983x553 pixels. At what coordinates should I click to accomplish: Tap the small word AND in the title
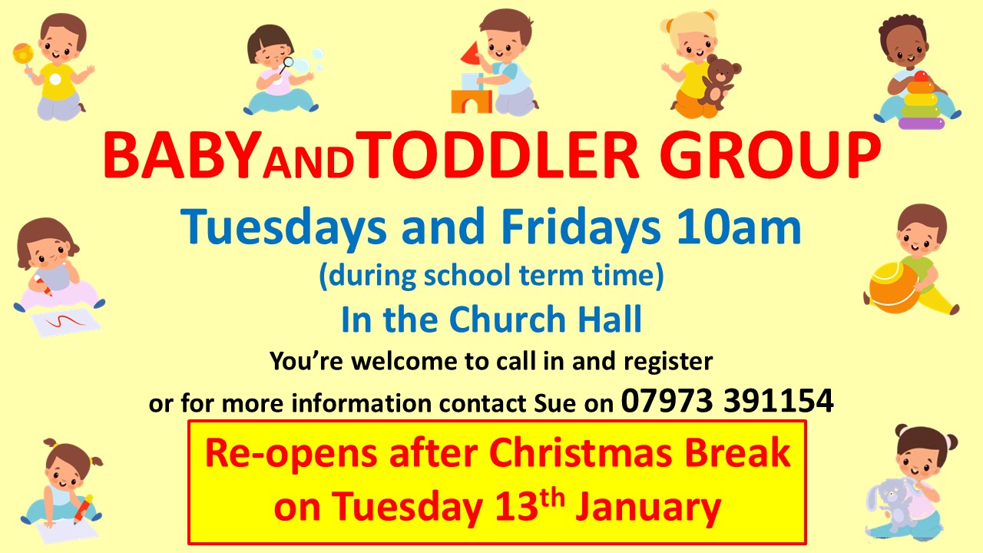[309, 162]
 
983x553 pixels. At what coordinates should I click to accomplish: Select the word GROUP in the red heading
[770, 155]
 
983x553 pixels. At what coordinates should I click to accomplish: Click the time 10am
[739, 227]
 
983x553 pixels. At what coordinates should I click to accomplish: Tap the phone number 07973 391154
[727, 401]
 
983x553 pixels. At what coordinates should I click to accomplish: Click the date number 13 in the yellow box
[516, 508]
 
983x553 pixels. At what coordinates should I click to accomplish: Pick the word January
[648, 509]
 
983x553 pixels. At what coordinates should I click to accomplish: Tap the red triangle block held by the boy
[471, 53]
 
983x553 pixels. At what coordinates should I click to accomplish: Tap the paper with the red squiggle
[66, 323]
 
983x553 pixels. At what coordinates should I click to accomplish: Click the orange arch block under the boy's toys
[472, 101]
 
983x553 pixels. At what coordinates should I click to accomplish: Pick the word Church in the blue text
[507, 319]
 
